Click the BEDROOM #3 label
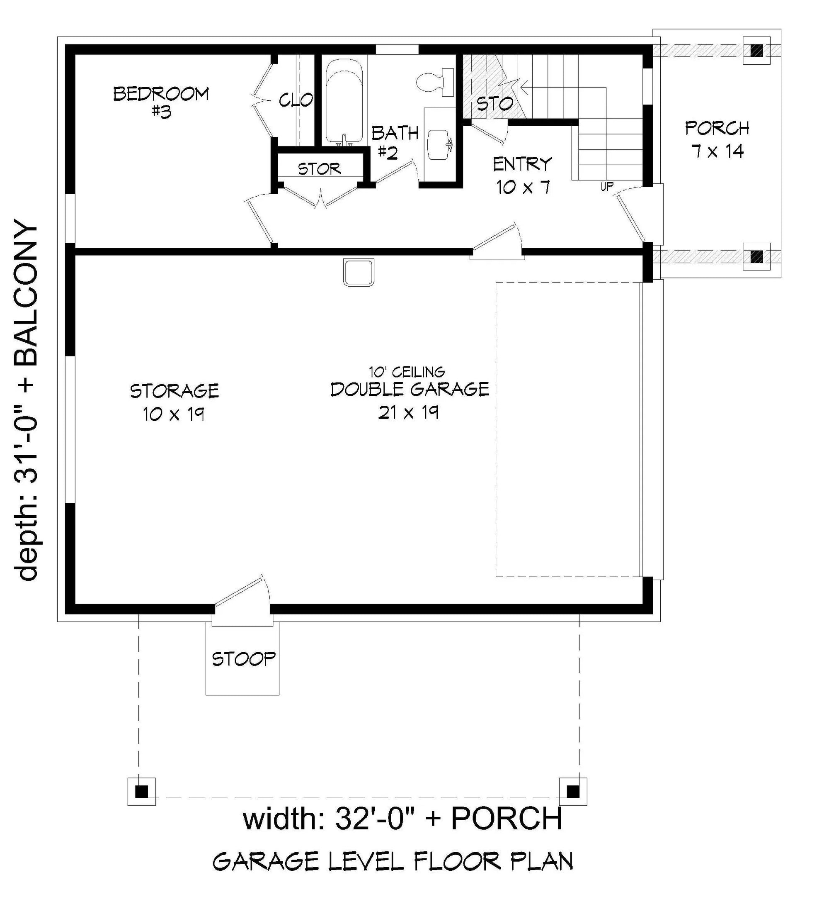[160, 102]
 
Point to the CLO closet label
[296, 100]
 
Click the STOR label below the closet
[320, 169]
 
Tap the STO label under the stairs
[494, 104]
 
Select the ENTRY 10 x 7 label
[522, 175]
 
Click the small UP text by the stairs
[607, 186]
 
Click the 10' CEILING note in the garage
[407, 371]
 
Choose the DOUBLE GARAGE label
[409, 389]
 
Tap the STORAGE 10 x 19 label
[174, 402]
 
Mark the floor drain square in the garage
[359, 272]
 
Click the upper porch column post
[757, 50]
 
